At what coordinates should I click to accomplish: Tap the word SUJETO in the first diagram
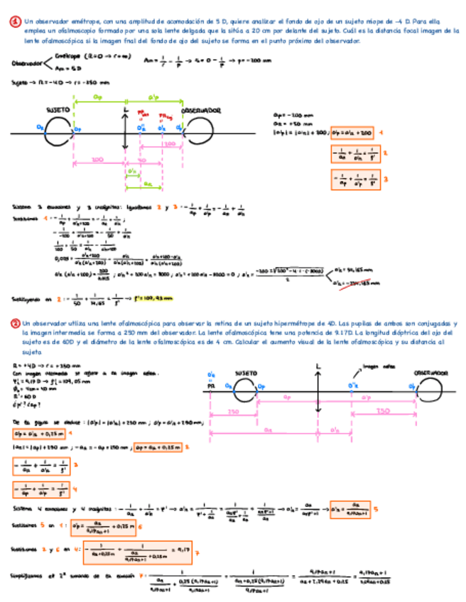tap(58, 111)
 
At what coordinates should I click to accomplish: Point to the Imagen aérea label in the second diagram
tap(376, 367)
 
